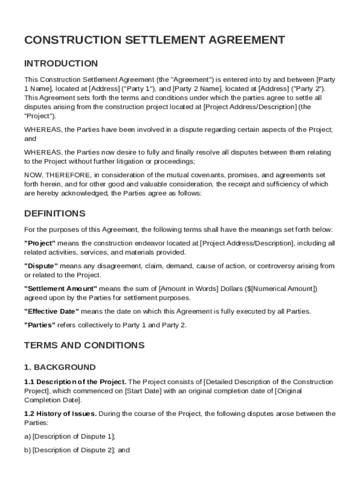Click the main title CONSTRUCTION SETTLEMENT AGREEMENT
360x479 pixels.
(154, 40)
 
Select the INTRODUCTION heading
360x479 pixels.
(61, 64)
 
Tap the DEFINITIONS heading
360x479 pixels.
(55, 214)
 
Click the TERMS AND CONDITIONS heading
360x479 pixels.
(84, 346)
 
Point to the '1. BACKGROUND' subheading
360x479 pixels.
(60, 367)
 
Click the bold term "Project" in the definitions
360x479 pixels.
(40, 243)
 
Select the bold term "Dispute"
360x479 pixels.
(41, 266)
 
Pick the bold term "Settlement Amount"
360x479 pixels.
(60, 289)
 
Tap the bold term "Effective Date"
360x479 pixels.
(51, 312)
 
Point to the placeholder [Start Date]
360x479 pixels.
(142, 391)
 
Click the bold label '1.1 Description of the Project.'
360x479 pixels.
(75, 382)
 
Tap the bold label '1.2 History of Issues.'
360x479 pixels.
(60, 414)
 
